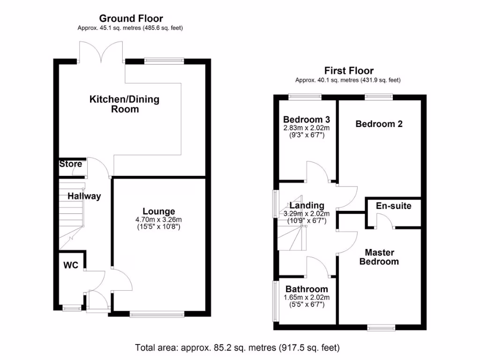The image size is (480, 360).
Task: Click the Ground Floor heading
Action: (131, 19)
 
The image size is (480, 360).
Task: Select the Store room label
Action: (70, 164)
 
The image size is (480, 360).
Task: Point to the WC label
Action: (71, 265)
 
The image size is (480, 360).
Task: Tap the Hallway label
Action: (84, 196)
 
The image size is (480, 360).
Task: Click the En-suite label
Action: (394, 206)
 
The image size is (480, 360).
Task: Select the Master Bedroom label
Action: (379, 257)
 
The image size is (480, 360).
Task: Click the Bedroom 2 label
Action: (379, 124)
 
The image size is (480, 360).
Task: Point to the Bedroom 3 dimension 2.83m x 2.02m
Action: (307, 127)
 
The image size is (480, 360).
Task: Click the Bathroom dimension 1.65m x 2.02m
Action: (307, 297)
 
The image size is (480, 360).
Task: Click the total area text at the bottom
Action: (237, 348)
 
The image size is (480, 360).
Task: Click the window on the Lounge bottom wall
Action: (157, 315)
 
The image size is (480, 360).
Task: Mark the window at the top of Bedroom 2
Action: (379, 97)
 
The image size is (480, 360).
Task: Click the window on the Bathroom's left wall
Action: (276, 301)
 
